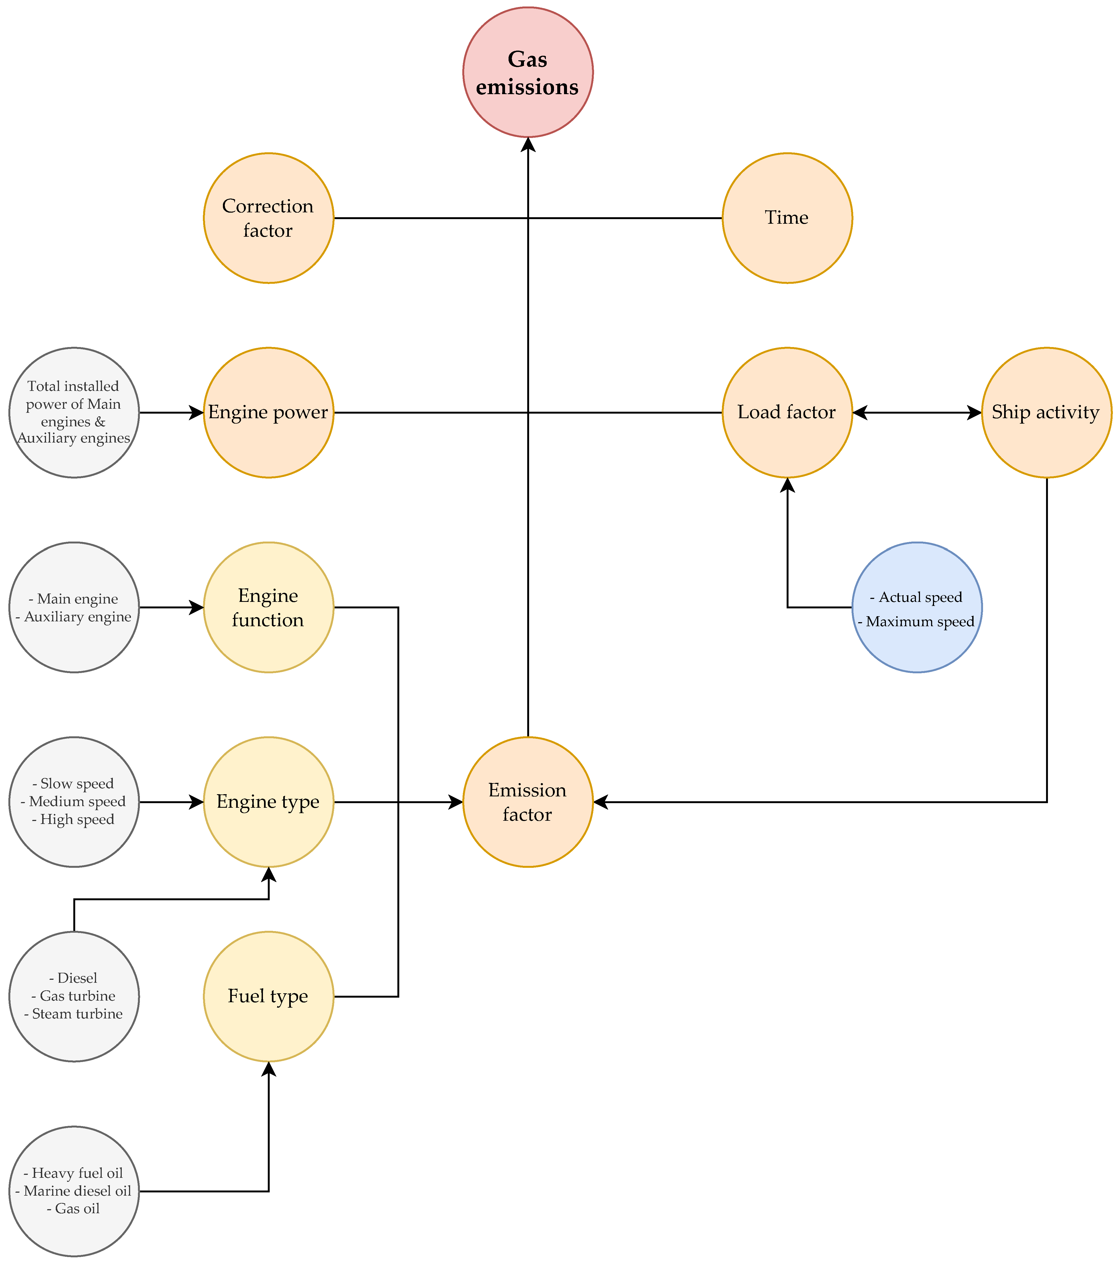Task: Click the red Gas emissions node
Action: pos(528,72)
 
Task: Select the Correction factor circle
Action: pos(268,218)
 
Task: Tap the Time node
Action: pos(787,218)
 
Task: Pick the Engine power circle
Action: pos(268,413)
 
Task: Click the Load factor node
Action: pos(787,413)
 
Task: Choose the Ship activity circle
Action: pos(1046,413)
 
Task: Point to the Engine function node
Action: pos(268,607)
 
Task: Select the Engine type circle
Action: pos(268,802)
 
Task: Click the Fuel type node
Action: pos(268,997)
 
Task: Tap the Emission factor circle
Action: pos(528,802)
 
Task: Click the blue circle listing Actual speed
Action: pos(916,607)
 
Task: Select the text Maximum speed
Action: pos(920,622)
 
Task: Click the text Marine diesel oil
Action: pos(77,1191)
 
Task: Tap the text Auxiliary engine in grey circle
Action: pos(77,617)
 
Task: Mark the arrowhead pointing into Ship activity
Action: pos(974,413)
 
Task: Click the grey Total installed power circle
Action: pos(74,413)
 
